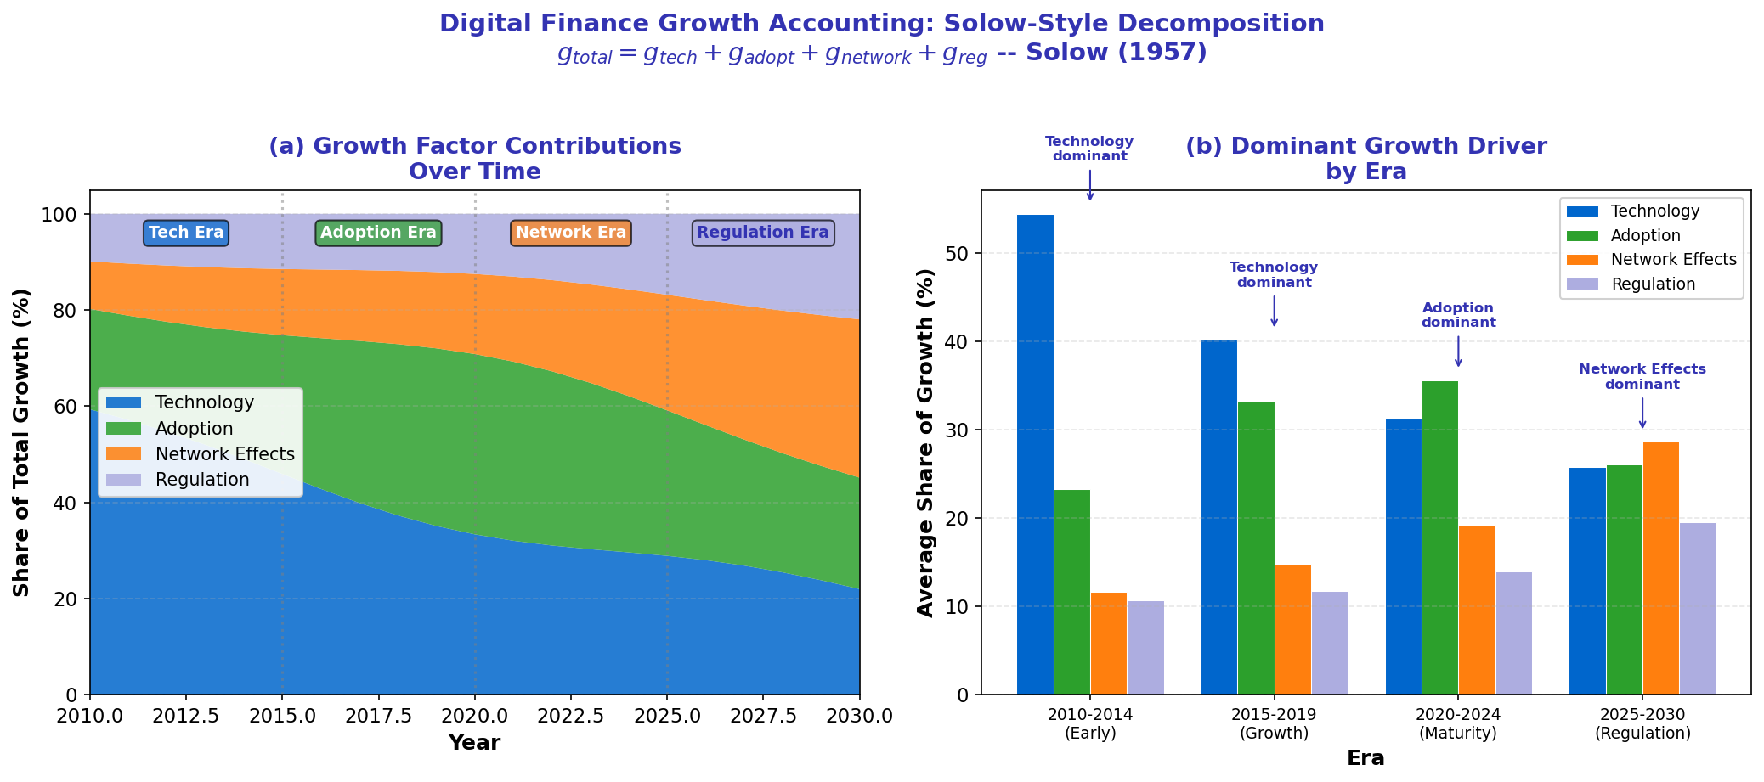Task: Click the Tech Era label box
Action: (186, 233)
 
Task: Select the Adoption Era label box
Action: (378, 233)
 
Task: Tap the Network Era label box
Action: (570, 233)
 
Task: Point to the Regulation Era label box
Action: (762, 233)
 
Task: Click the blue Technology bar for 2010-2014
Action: (1035, 454)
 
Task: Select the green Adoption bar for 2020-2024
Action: (1439, 537)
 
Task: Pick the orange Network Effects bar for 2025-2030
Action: (1660, 568)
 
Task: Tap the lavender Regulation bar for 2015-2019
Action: (1329, 643)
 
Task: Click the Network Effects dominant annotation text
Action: (1642, 377)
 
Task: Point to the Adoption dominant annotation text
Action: (1458, 315)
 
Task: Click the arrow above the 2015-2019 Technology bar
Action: (1274, 311)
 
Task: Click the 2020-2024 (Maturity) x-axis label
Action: (1458, 723)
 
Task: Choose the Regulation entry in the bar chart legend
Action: (1653, 284)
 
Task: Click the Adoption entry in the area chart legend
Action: (194, 429)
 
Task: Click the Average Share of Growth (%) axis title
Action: (925, 442)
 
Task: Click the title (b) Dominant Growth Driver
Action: (1365, 147)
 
